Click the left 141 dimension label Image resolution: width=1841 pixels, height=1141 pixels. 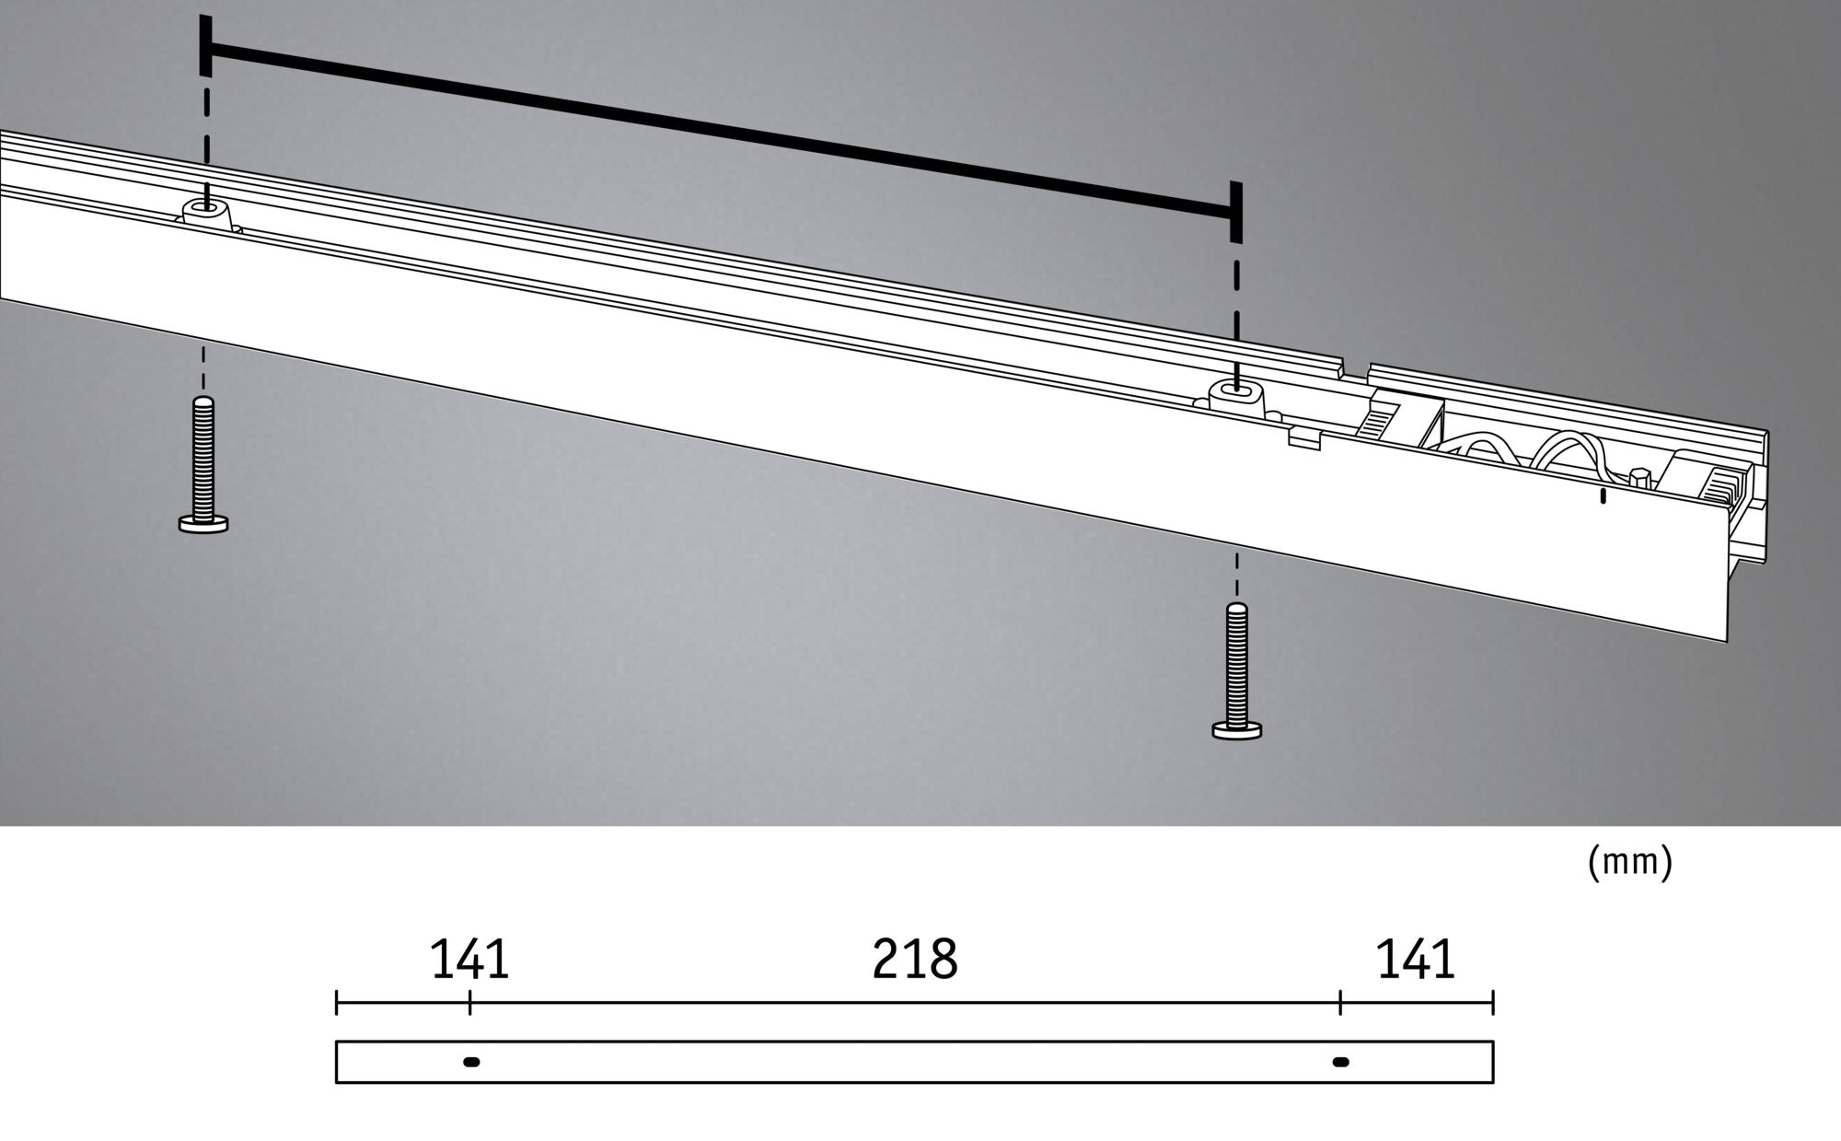(469, 960)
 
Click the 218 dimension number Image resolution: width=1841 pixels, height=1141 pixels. (914, 960)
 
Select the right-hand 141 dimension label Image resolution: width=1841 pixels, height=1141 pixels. (1415, 960)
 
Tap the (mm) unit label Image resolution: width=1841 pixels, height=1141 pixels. (1629, 862)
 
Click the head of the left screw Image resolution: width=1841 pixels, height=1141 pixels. (203, 524)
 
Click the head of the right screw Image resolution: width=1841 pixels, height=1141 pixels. (1237, 730)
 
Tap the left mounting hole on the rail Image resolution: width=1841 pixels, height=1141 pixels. (207, 209)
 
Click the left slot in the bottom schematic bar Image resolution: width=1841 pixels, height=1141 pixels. (471, 1062)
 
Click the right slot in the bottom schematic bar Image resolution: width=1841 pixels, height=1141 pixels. (1341, 1062)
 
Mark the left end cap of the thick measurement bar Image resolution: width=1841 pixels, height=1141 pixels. (205, 46)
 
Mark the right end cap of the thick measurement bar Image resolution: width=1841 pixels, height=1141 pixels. (1235, 212)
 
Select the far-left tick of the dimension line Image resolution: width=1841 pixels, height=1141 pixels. (336, 1002)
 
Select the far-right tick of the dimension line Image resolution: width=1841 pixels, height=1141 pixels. (1492, 1002)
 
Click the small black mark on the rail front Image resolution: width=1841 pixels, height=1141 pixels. (1603, 496)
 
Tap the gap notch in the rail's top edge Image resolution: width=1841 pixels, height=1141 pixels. (1354, 372)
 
